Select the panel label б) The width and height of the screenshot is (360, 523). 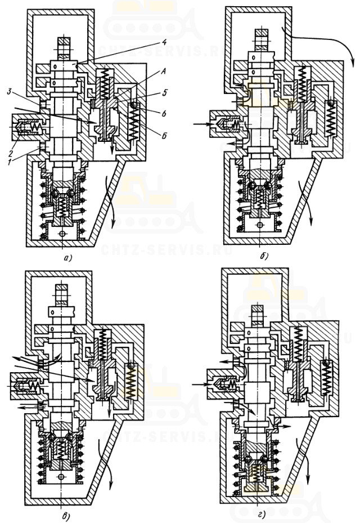265,257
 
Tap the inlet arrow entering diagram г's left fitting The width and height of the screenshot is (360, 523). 198,385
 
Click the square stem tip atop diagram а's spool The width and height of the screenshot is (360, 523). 62,41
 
